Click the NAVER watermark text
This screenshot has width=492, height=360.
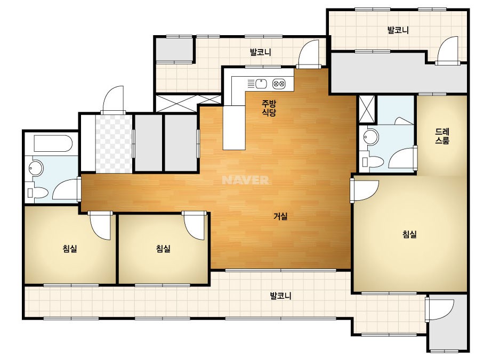pos(245,180)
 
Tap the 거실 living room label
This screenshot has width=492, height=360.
pos(280,216)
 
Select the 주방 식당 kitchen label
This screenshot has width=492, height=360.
pos(269,108)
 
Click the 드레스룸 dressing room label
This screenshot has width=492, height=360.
pos(442,136)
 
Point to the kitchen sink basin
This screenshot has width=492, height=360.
pos(261,84)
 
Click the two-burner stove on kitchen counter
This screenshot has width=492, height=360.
pos(279,84)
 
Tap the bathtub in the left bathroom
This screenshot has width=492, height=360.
pos(53,144)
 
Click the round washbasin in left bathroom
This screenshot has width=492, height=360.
pos(36,168)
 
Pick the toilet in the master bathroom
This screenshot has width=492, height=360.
pos(373,162)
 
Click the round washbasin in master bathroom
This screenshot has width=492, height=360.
pos(371,137)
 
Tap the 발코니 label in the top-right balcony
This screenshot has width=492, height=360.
pos(398,30)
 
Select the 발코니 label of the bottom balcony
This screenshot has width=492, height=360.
pos(280,296)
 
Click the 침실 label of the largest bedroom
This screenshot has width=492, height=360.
pos(409,234)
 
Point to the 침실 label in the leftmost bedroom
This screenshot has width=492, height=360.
pos(70,249)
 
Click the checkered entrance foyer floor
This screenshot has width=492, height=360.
pos(114,144)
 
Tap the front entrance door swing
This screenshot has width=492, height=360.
pos(114,99)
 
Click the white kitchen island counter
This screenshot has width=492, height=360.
pos(234,128)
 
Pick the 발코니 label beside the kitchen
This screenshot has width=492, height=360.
pos(261,52)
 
